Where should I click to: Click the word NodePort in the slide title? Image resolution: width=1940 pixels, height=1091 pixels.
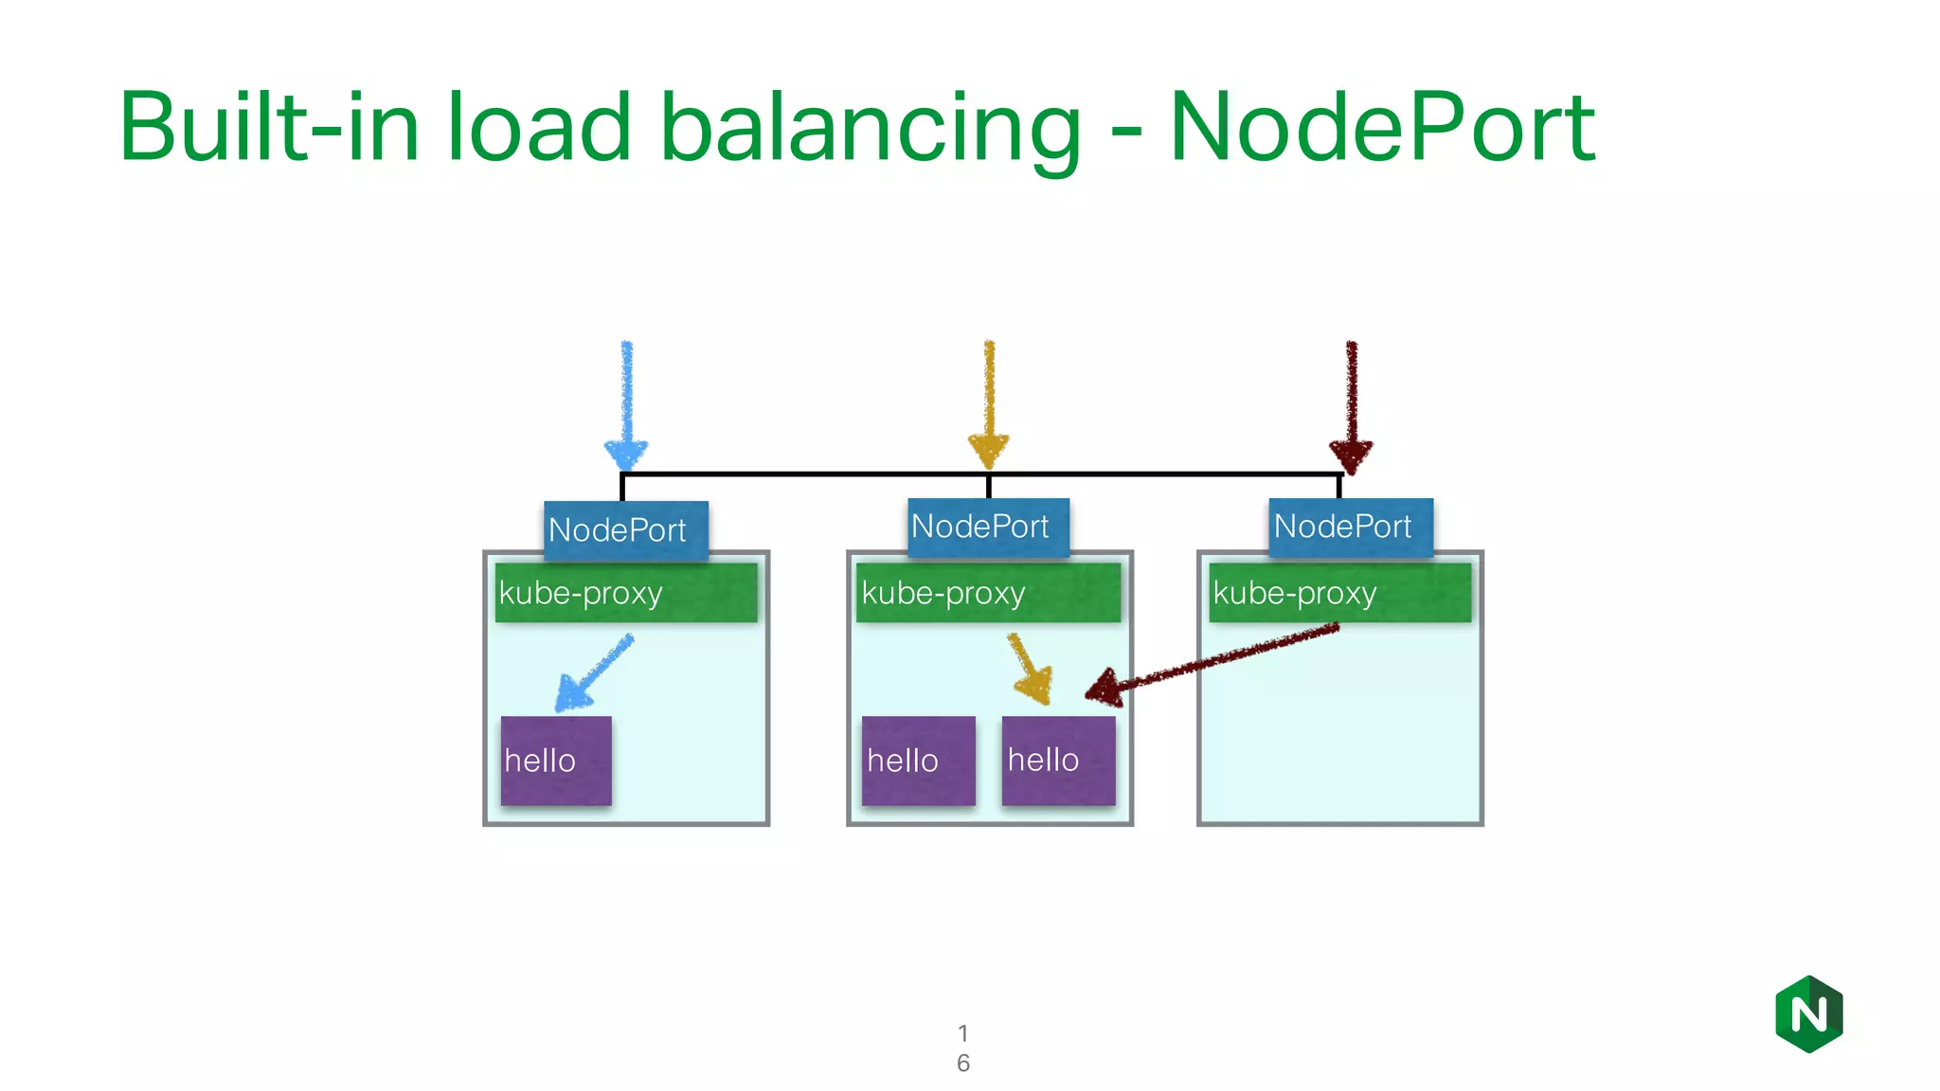click(1382, 128)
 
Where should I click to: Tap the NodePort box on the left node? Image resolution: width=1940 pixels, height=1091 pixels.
click(626, 529)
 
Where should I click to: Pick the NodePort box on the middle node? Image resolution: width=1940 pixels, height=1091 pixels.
click(988, 527)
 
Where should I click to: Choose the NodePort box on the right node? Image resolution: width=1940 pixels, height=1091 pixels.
click(1350, 527)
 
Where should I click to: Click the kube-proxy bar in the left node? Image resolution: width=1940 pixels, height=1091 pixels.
click(626, 593)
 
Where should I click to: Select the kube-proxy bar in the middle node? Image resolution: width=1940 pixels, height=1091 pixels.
click(988, 593)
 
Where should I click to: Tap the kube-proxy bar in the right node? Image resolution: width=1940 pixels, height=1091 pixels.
click(1339, 593)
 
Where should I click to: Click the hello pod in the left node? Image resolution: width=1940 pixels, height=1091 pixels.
click(556, 760)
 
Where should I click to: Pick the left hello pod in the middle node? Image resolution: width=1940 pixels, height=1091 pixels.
click(918, 760)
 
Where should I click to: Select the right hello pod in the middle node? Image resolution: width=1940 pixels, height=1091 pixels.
click(1058, 760)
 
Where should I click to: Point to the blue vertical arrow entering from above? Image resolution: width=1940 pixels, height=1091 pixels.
click(626, 402)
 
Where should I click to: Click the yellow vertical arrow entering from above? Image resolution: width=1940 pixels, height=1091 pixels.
click(988, 402)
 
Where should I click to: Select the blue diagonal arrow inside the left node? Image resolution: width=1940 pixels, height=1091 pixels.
click(594, 673)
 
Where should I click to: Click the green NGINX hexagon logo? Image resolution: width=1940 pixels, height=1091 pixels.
click(1808, 1014)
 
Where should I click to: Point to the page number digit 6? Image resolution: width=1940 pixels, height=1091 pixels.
click(962, 1063)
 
